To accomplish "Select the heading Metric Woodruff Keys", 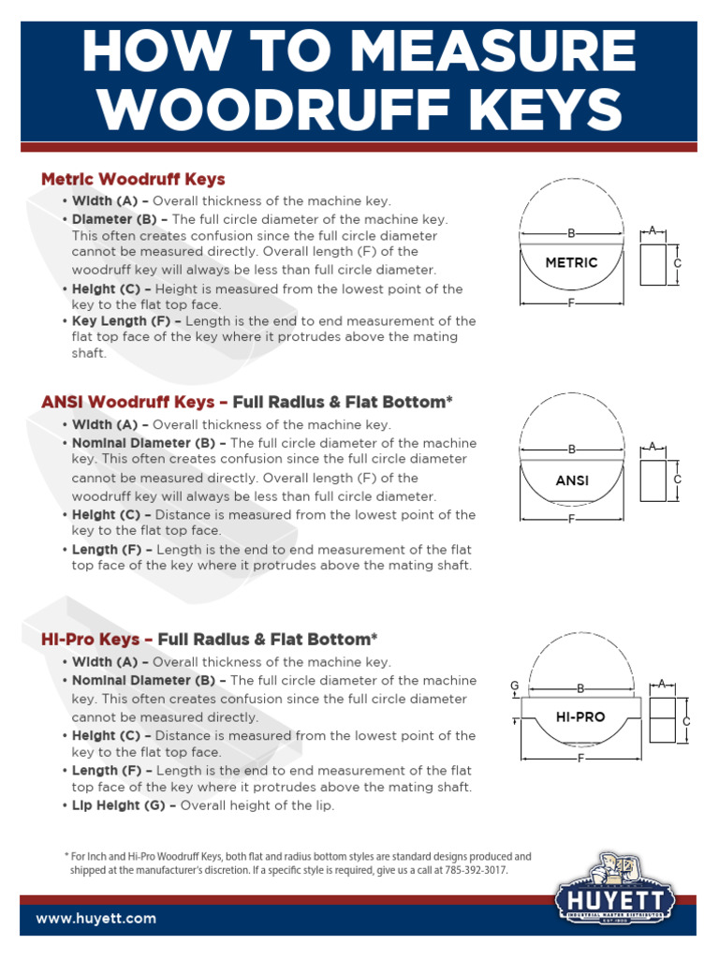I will (x=133, y=179).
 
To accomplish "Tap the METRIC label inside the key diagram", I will (x=571, y=263).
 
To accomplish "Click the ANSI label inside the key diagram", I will (x=571, y=480).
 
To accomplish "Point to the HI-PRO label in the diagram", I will (x=580, y=717).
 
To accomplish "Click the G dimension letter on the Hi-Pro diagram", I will (x=514, y=686).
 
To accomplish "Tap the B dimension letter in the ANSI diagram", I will (x=571, y=450).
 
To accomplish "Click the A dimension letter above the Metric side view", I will (x=653, y=230).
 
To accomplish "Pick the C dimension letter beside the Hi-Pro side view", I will (x=686, y=722).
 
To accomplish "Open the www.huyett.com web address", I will (x=96, y=919).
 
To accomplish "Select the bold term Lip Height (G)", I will (x=122, y=805).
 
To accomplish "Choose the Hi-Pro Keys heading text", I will (x=91, y=639).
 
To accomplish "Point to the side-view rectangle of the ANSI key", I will (x=653, y=479).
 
